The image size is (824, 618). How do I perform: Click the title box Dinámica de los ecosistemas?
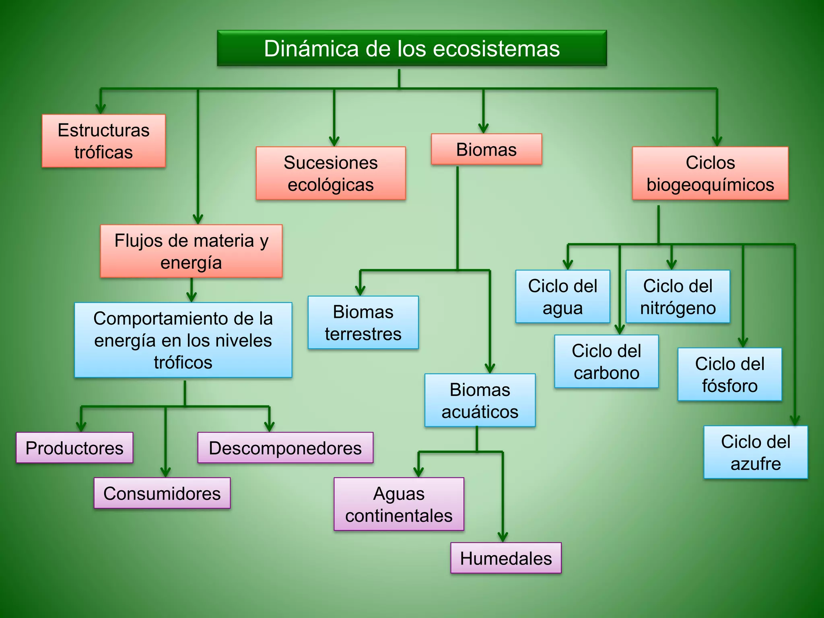412,48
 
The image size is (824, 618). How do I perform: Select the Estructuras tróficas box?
103,141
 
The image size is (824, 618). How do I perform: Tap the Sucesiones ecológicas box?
331,173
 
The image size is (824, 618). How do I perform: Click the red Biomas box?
486,150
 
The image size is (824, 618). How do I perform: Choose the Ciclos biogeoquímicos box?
710,173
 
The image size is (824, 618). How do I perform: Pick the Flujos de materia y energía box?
191,251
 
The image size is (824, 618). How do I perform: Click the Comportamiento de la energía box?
183,340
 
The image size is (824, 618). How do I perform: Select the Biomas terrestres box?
363,323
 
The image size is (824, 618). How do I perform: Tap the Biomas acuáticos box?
480,400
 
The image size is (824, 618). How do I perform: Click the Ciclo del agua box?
562,297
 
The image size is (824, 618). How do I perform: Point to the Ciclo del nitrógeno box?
678,297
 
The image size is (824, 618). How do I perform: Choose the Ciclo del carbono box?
606,361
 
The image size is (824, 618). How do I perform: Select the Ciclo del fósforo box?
729,375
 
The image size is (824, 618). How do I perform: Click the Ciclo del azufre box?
756,452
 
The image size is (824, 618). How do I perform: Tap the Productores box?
74,448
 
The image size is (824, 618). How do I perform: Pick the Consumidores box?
162,493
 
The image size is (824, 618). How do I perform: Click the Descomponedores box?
285,448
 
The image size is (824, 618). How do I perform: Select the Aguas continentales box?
399,504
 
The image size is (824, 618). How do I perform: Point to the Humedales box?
506,558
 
